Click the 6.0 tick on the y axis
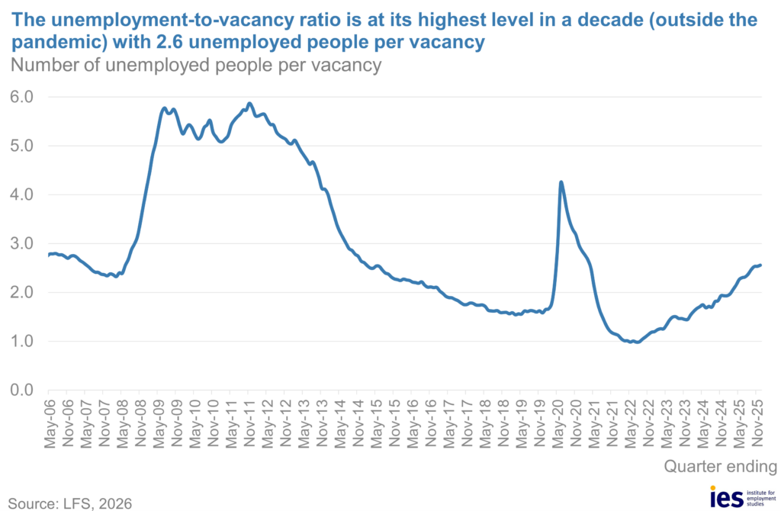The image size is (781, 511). [21, 97]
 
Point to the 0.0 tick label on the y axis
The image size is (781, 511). [21, 390]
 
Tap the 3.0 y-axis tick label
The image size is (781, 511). [21, 243]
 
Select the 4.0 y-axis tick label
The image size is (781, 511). [21, 194]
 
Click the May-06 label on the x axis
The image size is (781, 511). [49, 420]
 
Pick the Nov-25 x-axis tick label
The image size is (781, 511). [758, 420]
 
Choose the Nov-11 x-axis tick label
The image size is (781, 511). [249, 420]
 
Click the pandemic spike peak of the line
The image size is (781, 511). [561, 182]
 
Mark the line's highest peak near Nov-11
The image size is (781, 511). [249, 103]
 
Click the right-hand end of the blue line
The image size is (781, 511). [761, 265]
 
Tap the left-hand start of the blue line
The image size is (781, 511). [49, 255]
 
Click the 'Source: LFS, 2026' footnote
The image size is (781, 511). [69, 503]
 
